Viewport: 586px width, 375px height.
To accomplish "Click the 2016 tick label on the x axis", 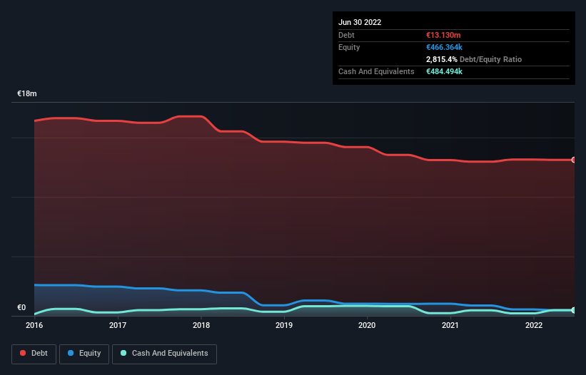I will (34, 325).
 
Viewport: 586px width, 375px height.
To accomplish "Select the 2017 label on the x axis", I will (118, 325).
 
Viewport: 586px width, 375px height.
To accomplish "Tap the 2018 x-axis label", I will (201, 325).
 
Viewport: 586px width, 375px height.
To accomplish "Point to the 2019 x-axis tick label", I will (284, 325).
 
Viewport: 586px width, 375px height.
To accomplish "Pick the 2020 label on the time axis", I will (367, 325).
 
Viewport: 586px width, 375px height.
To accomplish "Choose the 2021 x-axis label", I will (450, 325).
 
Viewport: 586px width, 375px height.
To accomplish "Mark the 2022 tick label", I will (533, 325).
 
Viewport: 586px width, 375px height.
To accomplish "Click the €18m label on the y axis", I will (27, 94).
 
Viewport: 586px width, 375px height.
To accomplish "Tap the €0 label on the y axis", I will (21, 308).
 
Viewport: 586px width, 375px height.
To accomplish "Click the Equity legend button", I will (85, 354).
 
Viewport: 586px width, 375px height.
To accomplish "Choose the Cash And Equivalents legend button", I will (164, 354).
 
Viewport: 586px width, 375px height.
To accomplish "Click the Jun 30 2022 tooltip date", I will (360, 22).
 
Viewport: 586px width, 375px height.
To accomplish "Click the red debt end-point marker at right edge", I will (573, 160).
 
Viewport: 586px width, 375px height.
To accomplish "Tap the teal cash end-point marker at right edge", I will (573, 310).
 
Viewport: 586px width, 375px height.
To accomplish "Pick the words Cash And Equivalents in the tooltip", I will (376, 72).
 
